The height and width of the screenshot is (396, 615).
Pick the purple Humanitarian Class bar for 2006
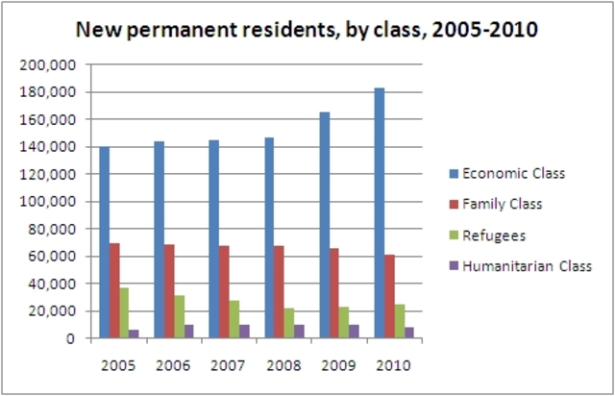tap(189, 332)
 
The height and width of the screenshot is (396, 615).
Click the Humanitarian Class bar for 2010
tap(409, 333)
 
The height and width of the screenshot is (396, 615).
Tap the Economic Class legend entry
tap(513, 173)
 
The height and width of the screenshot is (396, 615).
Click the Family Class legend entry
tap(503, 204)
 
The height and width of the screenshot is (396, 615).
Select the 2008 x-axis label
tap(282, 365)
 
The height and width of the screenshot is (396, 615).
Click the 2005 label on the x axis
tap(118, 365)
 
